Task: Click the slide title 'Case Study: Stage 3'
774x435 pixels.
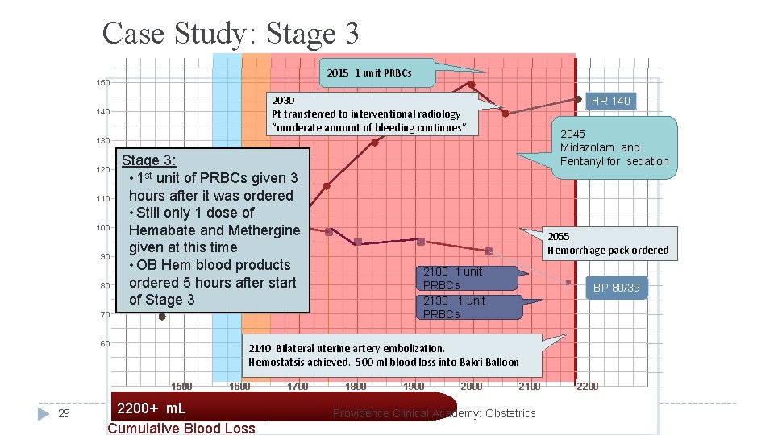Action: [x=231, y=33]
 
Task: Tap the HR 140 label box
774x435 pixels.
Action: [x=610, y=101]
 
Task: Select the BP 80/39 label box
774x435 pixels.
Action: [x=617, y=287]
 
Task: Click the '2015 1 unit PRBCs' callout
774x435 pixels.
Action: [x=370, y=73]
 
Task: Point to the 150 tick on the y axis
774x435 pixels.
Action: [x=103, y=83]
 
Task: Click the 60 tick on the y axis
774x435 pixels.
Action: [x=103, y=344]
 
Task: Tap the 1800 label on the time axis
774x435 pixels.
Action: [x=356, y=387]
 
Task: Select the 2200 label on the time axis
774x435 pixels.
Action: [x=587, y=387]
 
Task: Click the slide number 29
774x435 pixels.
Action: [x=65, y=413]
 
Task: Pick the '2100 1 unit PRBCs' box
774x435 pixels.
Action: [x=452, y=278]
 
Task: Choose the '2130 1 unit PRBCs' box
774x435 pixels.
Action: [x=454, y=307]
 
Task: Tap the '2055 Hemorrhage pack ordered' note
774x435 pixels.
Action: [x=608, y=243]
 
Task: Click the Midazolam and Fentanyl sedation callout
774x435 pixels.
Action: [x=614, y=147]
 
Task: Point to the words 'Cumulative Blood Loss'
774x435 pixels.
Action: [x=181, y=428]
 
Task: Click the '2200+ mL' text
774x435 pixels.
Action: [x=152, y=408]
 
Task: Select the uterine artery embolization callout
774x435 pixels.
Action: [x=384, y=355]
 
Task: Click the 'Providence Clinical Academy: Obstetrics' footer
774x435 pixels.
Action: [x=434, y=413]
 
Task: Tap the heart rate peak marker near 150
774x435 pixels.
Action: [x=472, y=85]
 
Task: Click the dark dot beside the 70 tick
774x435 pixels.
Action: [x=161, y=317]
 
